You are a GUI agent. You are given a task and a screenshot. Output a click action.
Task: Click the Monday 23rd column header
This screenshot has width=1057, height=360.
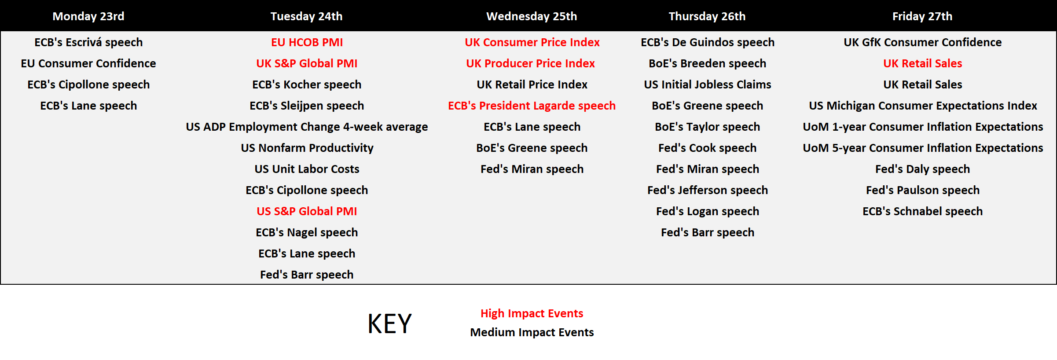click(x=88, y=16)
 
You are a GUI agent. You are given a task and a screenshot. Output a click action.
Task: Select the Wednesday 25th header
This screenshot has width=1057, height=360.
click(x=532, y=16)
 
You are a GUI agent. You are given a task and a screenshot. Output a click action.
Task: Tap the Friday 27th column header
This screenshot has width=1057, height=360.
click(x=922, y=16)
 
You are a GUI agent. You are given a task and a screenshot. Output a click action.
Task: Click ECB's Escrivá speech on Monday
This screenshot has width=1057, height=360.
click(x=88, y=42)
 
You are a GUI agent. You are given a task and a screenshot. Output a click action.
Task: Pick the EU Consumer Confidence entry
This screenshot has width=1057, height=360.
click(x=88, y=63)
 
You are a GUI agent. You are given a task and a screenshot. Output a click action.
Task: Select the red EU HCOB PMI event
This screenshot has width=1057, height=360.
click(x=307, y=42)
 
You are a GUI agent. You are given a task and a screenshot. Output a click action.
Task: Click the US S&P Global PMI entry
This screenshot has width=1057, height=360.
click(x=307, y=211)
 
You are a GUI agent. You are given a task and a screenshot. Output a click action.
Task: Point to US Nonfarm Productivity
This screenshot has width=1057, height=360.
click(x=307, y=148)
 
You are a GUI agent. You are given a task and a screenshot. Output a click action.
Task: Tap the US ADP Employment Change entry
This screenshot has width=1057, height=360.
click(x=307, y=127)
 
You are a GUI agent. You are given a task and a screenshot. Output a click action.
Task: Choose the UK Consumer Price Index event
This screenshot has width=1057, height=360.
click(x=532, y=42)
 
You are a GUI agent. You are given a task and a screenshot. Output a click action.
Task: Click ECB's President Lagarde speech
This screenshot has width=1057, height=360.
click(x=532, y=106)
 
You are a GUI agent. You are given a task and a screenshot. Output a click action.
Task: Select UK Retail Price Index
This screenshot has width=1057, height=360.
click(x=532, y=84)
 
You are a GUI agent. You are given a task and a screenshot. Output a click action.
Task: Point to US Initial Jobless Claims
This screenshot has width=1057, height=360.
click(x=708, y=84)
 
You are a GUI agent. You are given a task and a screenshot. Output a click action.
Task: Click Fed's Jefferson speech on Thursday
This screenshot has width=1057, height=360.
click(x=708, y=190)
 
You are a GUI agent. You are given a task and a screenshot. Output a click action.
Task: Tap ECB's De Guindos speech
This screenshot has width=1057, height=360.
click(x=708, y=42)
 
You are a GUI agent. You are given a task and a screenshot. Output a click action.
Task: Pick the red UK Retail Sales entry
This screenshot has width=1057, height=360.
click(x=923, y=63)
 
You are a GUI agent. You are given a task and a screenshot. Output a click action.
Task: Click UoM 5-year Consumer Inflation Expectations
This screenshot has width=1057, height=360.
click(x=923, y=148)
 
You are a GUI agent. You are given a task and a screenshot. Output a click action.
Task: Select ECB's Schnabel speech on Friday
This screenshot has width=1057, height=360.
click(x=922, y=211)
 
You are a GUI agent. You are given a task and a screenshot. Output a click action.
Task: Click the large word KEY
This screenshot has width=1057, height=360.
click(x=389, y=324)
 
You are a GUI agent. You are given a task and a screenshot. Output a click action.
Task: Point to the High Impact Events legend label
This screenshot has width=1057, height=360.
click(x=532, y=313)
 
